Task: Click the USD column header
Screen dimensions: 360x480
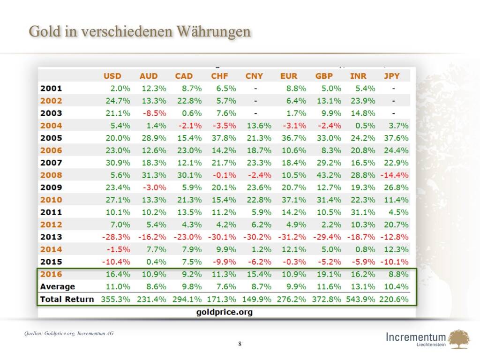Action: [112, 76]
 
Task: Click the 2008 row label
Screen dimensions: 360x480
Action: [51, 175]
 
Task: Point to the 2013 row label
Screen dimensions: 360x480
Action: [51, 237]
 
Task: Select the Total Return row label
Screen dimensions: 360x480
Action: [67, 299]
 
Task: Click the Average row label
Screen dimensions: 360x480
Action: [58, 286]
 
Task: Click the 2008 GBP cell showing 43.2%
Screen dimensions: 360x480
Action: [328, 175]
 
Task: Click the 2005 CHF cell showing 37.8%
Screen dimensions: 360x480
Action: [223, 138]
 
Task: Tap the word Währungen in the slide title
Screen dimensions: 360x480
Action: [213, 31]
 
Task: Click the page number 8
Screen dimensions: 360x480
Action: [240, 345]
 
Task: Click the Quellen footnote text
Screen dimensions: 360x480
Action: [68, 333]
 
